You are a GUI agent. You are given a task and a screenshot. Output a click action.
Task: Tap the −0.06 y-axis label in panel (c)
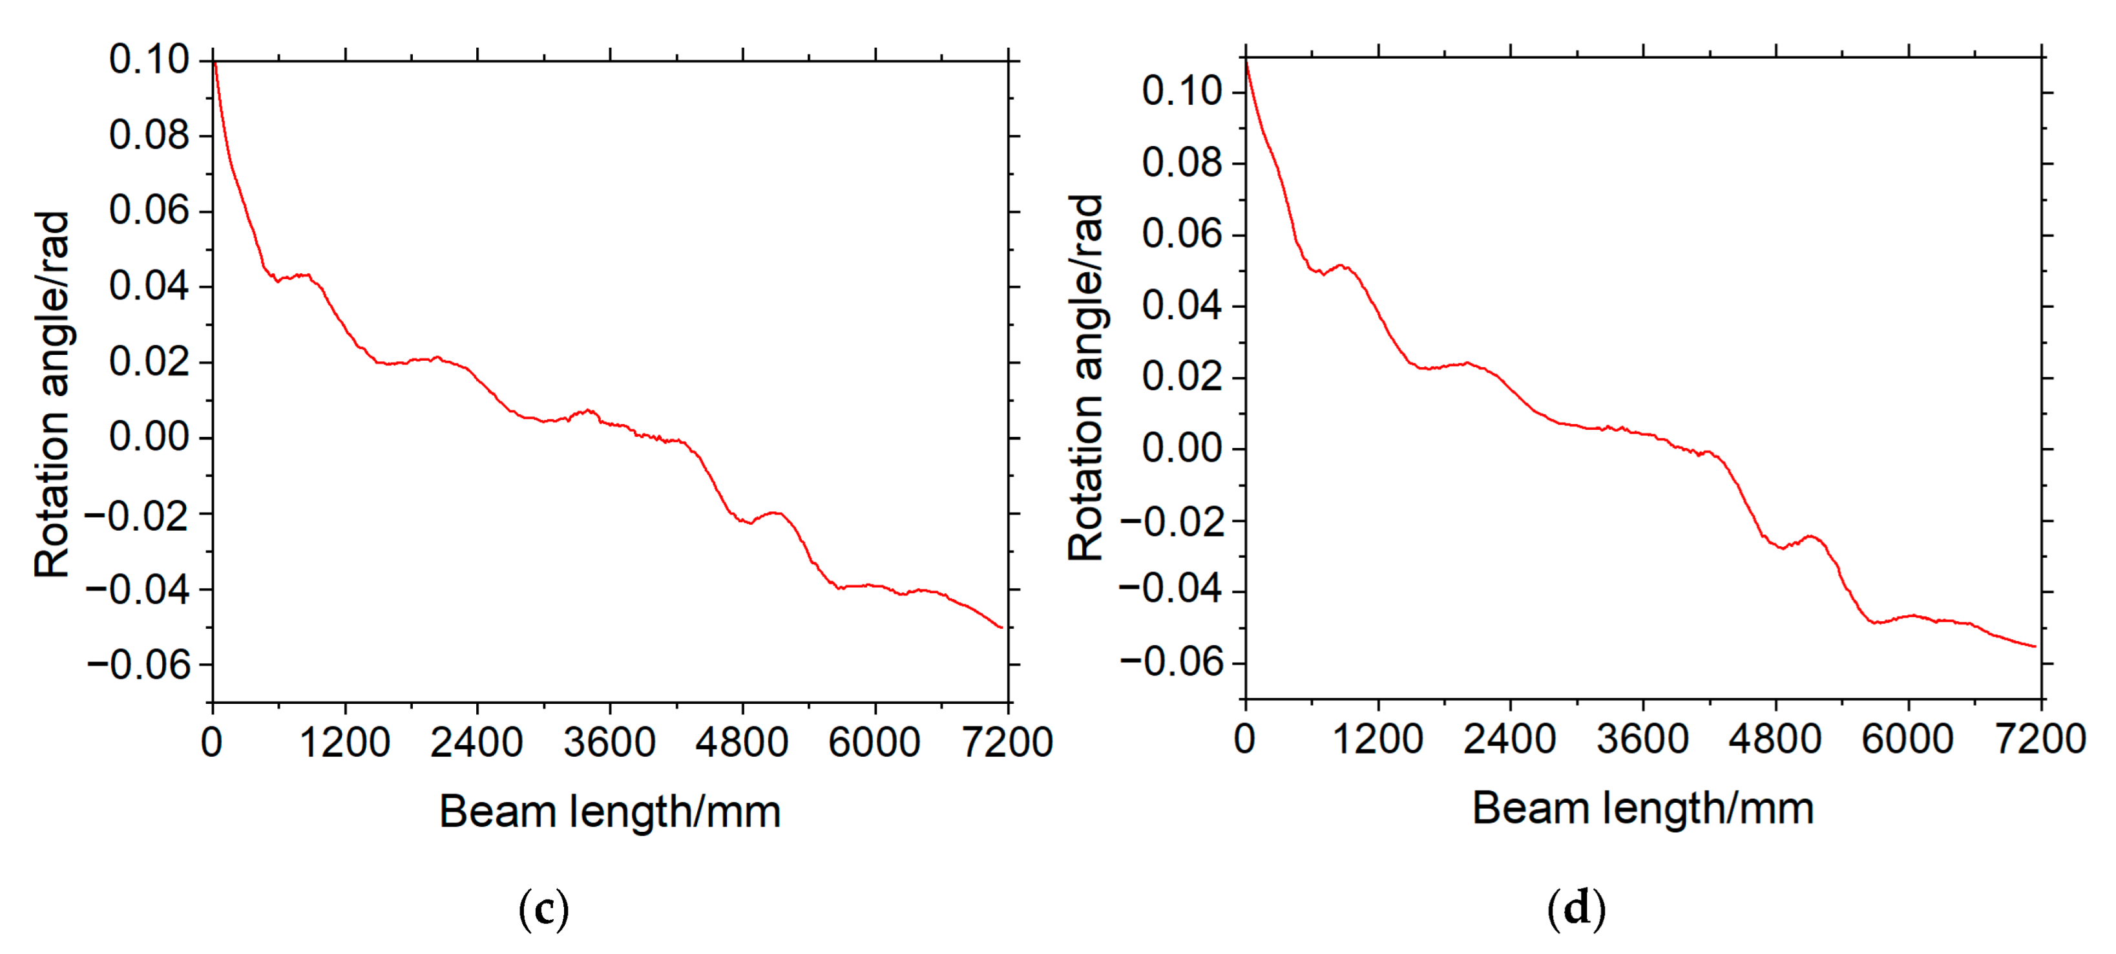tap(138, 664)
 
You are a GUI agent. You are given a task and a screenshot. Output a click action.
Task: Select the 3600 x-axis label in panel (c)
tap(609, 742)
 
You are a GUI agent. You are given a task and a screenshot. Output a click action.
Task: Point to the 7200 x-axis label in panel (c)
tap(1007, 742)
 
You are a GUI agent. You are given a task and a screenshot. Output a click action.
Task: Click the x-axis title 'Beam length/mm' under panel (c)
tap(609, 812)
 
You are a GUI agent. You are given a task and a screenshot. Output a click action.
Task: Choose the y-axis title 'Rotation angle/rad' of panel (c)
tap(52, 394)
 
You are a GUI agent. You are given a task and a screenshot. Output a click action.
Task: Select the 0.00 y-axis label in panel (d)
tap(1181, 449)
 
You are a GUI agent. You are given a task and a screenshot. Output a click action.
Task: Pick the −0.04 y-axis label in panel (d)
tap(1171, 590)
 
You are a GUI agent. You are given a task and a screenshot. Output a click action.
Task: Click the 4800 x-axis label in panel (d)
tap(1775, 739)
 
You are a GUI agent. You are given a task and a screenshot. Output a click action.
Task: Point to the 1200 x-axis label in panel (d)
tap(1377, 739)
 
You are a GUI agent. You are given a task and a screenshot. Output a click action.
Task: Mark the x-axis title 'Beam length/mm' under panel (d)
tap(1643, 809)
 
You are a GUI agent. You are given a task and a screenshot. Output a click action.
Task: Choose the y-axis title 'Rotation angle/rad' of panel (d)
tap(1086, 378)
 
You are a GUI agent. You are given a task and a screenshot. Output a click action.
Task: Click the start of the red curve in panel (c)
tap(214, 61)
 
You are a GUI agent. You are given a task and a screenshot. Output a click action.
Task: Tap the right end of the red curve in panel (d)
tap(2035, 647)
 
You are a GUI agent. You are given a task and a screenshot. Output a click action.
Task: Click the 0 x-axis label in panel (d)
tap(1244, 739)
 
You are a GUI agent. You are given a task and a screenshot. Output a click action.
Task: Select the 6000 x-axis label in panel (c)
tap(874, 742)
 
